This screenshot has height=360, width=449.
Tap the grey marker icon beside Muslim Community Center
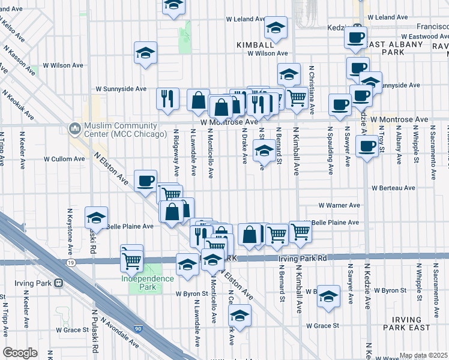(75, 128)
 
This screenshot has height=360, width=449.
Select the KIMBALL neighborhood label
(255, 45)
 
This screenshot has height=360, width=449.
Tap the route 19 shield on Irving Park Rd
(71, 262)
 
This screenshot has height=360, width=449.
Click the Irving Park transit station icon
(59, 283)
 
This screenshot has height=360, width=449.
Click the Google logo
(20, 352)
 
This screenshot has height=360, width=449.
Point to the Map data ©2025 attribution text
(423, 355)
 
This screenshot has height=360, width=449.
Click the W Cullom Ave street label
(64, 159)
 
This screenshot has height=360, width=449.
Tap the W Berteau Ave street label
(393, 188)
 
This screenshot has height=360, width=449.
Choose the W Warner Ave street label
(339, 205)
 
